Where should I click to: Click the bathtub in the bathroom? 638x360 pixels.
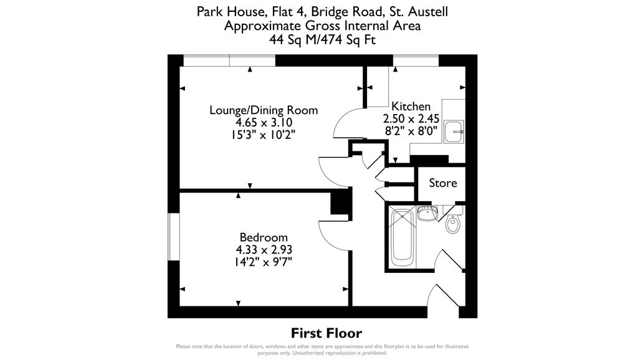[x=402, y=237]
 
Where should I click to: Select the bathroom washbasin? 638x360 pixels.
[x=427, y=214]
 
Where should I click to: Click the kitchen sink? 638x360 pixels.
[x=456, y=130]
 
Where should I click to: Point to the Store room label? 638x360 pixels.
[x=443, y=183]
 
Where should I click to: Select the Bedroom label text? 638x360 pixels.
[x=264, y=237]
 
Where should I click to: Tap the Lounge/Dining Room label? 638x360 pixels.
[x=264, y=110]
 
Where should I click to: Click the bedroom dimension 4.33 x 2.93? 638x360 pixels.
[x=264, y=250]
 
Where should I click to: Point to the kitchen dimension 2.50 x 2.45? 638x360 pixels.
[x=411, y=118]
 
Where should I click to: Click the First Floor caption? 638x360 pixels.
[x=326, y=333]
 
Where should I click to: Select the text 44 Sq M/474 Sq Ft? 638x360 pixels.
[x=322, y=39]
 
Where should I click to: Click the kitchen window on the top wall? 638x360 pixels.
[x=414, y=60]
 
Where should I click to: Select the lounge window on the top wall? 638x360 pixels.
[x=229, y=60]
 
